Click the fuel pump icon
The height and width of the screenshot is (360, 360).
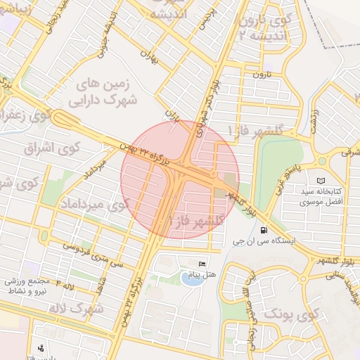pyautogui.click(x=264, y=229)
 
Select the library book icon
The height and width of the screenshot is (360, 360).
pyautogui.click(x=322, y=181)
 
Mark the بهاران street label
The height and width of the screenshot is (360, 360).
pyautogui.click(x=147, y=56)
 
